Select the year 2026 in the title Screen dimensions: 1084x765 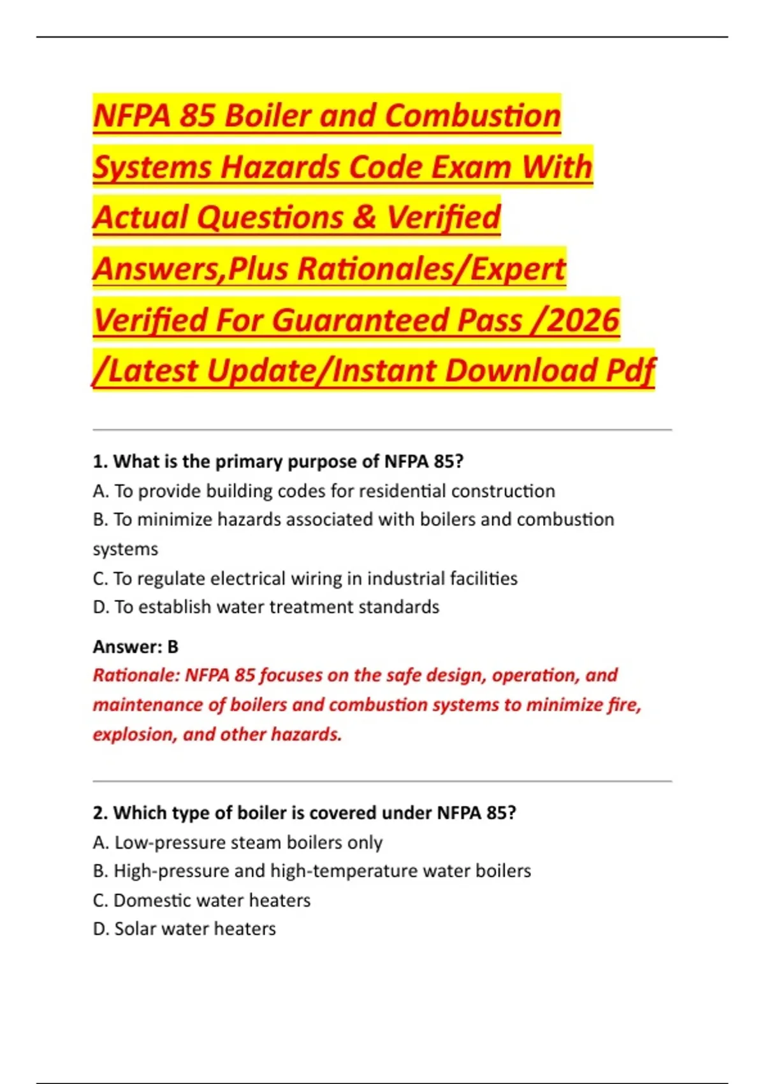pos(583,320)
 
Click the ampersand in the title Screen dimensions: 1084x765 pos(364,217)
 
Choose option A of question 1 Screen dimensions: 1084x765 pos(324,491)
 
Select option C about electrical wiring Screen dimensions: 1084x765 pos(305,578)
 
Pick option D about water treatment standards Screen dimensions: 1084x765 pos(266,607)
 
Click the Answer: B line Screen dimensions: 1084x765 pos(136,647)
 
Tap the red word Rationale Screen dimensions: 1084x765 pos(136,675)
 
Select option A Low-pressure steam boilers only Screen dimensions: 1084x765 pos(237,842)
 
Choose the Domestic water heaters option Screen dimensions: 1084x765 pos(201,900)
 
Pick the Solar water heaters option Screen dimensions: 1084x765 pos(184,929)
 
